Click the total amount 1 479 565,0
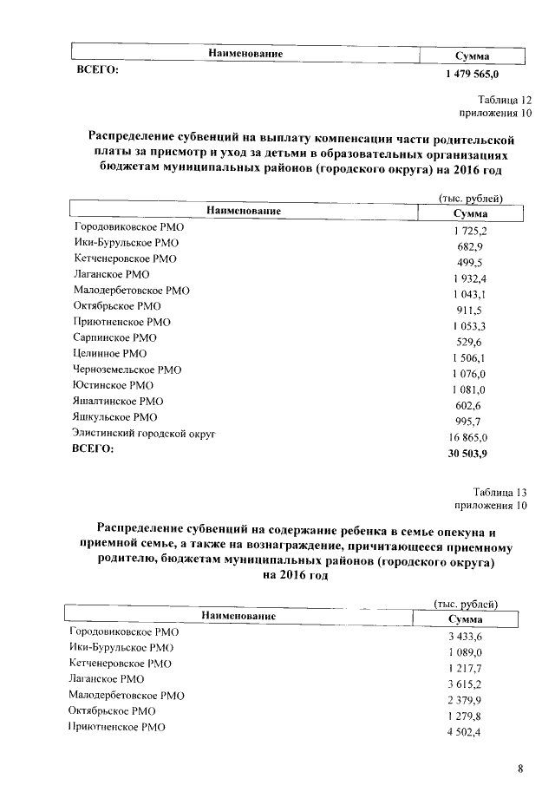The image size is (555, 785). tap(471, 76)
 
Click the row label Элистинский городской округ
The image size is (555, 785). tap(144, 433)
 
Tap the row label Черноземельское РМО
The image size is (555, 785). tap(127, 370)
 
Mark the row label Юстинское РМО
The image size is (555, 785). tap(114, 385)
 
